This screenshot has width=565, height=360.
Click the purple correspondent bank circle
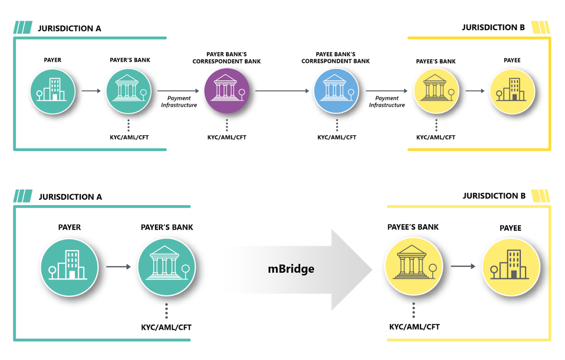(x=226, y=91)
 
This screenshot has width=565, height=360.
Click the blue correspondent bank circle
(x=336, y=91)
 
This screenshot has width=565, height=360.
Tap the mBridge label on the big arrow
(x=291, y=269)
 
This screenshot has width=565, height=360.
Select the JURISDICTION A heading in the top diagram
(x=69, y=28)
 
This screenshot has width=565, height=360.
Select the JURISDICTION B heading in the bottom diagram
(x=494, y=196)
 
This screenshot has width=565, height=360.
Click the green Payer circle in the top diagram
(x=53, y=91)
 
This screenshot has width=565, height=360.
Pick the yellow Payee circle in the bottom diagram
(x=511, y=267)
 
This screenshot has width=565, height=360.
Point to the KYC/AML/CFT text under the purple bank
(x=227, y=137)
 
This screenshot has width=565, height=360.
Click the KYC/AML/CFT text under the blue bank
(x=337, y=137)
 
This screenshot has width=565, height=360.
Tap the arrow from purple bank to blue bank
(x=282, y=91)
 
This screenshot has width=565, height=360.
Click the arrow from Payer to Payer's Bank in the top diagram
(x=91, y=91)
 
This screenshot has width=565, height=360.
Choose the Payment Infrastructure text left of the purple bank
(x=179, y=102)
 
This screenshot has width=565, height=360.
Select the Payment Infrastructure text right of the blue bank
(x=387, y=102)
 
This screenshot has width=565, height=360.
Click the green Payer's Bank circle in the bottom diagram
(x=167, y=267)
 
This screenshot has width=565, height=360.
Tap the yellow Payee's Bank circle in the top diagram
(x=436, y=91)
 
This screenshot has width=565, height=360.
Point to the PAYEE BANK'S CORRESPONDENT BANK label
(x=335, y=58)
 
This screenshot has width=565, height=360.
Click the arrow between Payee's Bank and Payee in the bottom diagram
(x=463, y=266)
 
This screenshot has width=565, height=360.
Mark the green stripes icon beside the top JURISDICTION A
(x=23, y=27)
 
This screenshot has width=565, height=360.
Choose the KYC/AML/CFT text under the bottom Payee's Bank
(x=414, y=327)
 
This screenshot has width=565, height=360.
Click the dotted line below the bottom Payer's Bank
(x=166, y=311)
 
